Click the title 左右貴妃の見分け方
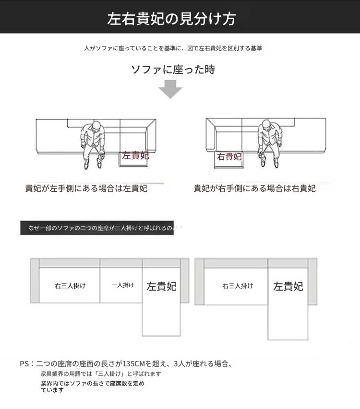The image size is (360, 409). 171,19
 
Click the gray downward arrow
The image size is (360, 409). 170,89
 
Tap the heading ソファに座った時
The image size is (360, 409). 173,70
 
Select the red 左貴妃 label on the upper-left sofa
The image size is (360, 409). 135,155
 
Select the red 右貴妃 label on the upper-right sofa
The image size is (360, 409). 229,156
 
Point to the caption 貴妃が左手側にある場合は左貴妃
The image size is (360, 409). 86,188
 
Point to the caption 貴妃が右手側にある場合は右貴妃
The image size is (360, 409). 254,188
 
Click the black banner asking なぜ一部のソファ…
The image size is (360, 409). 97,228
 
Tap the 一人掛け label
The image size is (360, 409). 123,285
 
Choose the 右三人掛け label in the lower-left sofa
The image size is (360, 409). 70,286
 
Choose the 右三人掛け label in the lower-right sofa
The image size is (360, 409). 238,286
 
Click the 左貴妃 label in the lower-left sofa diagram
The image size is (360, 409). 161,286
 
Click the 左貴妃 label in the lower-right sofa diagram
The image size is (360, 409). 288,286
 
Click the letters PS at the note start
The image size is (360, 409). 24,363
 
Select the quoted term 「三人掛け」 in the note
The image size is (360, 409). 109,374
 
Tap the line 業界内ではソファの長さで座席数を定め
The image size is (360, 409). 93,384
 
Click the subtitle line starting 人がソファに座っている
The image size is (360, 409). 173,48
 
